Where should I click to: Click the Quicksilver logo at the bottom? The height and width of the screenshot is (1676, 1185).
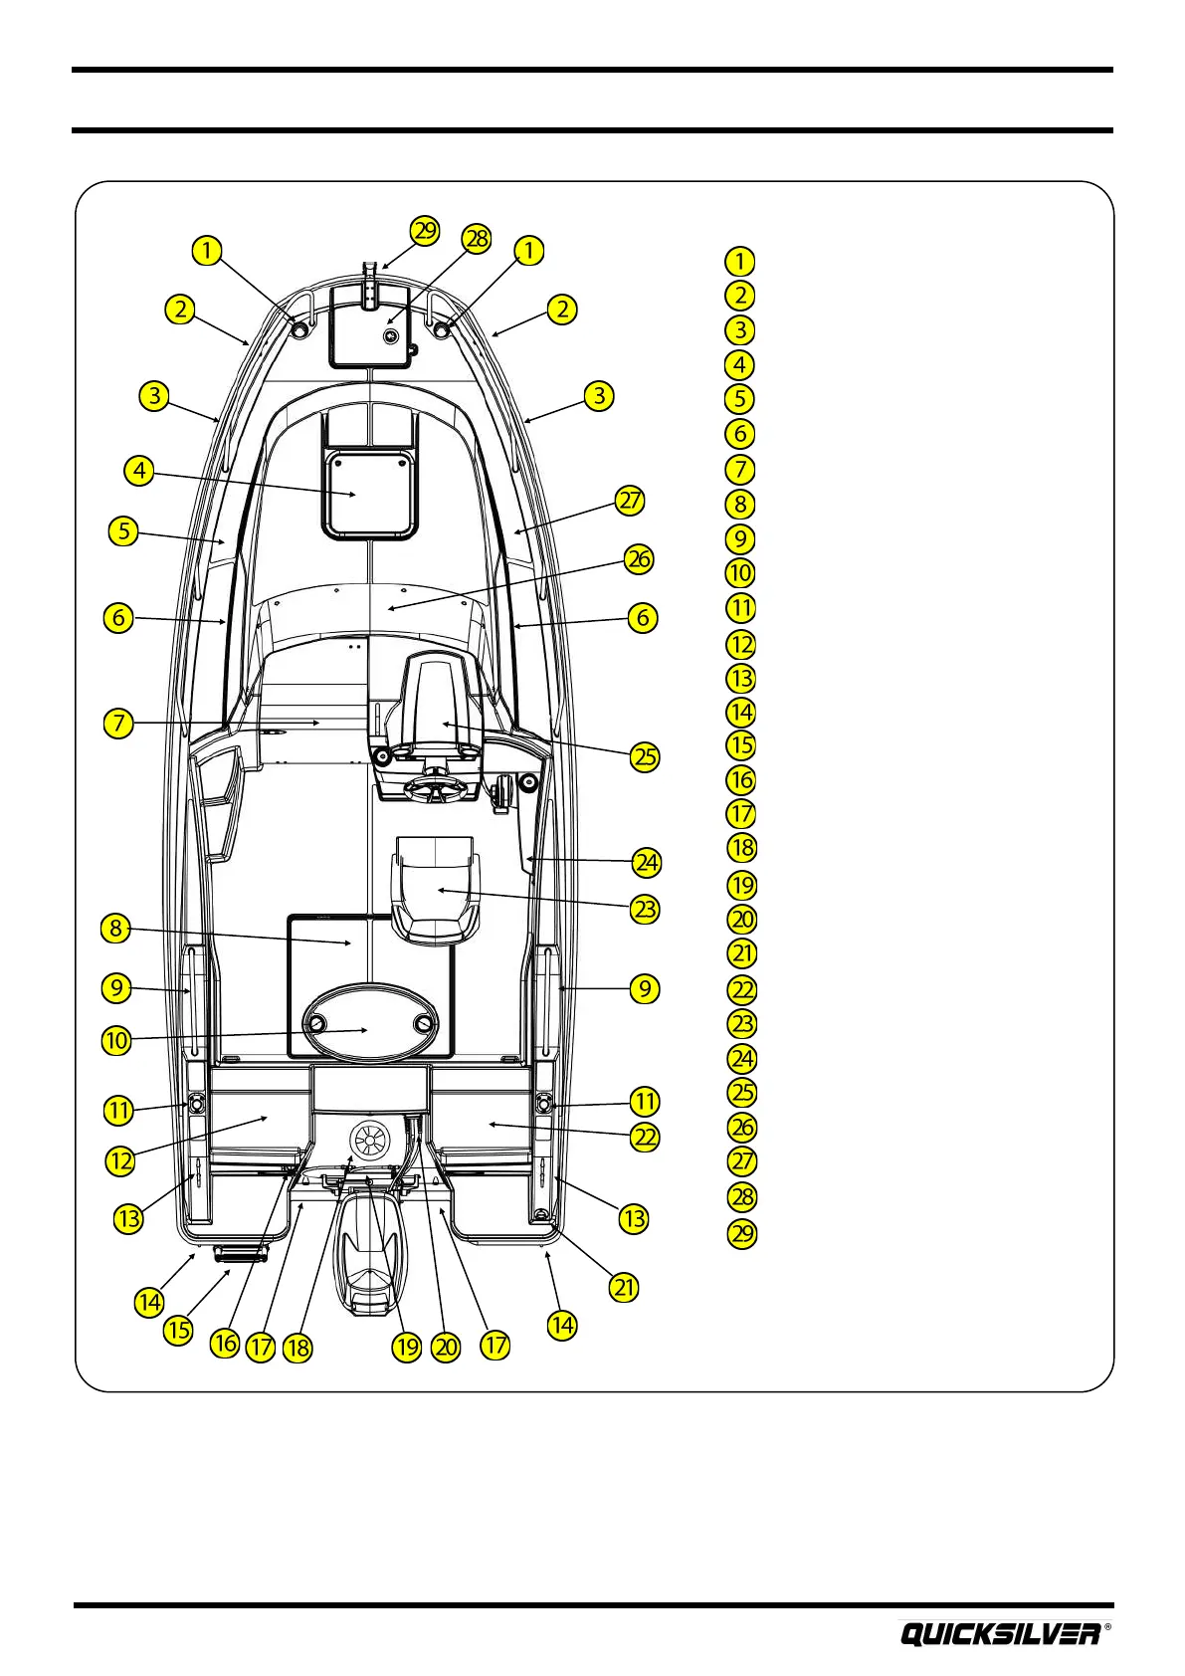point(1000,1633)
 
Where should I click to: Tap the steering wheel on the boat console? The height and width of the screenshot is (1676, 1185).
point(435,791)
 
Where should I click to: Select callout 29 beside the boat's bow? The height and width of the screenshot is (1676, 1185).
point(425,231)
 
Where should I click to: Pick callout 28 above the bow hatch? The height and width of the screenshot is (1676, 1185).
point(478,239)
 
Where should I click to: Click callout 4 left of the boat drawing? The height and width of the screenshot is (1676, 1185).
point(139,471)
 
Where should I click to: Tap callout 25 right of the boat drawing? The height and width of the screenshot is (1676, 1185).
point(646,756)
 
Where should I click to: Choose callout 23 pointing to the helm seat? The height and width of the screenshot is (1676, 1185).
point(646,909)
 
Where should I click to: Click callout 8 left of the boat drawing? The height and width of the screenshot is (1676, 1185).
point(116,930)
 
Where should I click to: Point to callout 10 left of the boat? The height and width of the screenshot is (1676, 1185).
point(116,1041)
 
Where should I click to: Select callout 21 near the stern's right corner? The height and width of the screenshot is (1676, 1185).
point(624,1287)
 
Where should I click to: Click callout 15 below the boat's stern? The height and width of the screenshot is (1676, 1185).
point(178,1331)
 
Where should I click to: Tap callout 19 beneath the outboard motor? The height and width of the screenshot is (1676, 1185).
point(407,1348)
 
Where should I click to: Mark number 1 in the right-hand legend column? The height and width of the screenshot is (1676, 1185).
point(739,261)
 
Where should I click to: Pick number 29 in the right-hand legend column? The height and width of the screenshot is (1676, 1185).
point(742,1233)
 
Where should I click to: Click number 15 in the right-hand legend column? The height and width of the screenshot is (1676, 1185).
point(741,745)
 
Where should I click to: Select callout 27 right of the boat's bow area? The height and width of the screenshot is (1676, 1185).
point(631,500)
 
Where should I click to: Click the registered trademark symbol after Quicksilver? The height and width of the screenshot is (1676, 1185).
point(1108,1628)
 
